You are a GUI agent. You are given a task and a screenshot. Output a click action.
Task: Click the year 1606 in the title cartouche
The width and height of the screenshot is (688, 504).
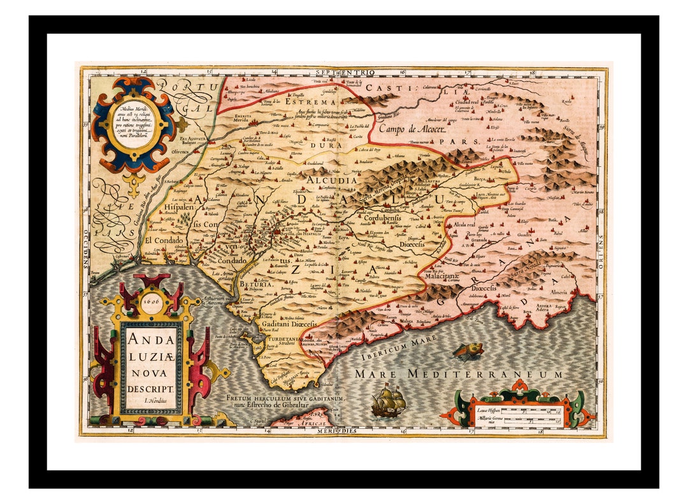151,300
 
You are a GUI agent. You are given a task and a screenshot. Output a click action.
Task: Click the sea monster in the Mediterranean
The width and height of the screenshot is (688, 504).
468,350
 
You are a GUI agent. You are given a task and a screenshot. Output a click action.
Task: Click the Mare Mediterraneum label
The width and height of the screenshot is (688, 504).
459,374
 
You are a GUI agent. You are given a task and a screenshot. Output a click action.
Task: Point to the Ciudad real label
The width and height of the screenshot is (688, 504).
462,101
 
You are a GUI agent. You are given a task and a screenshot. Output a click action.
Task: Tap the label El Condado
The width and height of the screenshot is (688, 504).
163,241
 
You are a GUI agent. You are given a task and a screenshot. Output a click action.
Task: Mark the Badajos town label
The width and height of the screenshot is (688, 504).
191,143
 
